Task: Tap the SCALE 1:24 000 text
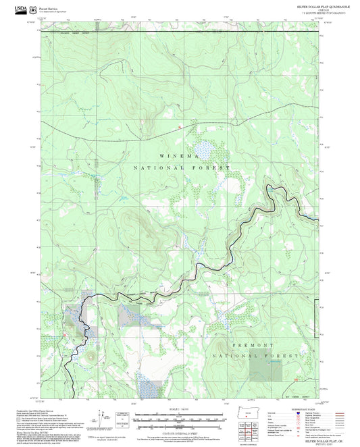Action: (x=180, y=407)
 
